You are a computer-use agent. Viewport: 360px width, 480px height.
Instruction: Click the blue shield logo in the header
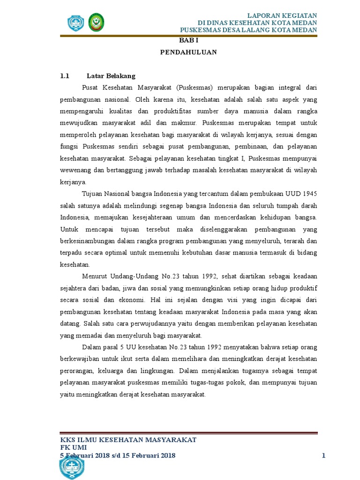[75, 22]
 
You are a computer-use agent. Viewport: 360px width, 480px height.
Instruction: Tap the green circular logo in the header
[97, 22]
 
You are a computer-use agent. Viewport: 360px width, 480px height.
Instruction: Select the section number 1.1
[65, 76]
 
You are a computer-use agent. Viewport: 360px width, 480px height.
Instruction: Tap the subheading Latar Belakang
[111, 76]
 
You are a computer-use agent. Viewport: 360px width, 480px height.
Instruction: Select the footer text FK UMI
[74, 448]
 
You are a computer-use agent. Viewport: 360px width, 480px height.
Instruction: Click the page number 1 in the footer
[323, 456]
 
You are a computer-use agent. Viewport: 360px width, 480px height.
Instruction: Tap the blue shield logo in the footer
[72, 467]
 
